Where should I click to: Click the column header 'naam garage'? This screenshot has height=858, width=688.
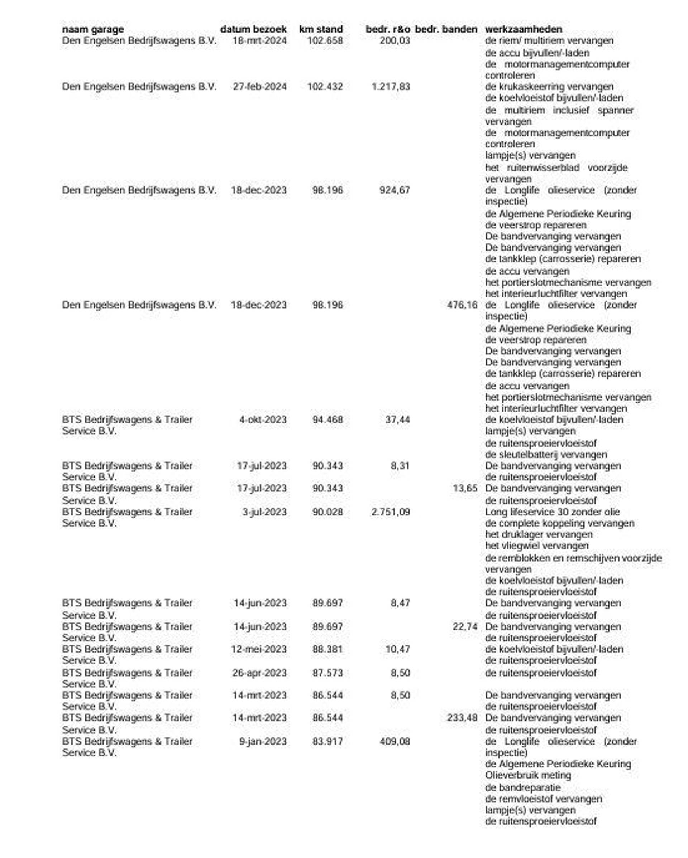pos(93,29)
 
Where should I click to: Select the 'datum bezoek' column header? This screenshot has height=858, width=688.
pos(253,29)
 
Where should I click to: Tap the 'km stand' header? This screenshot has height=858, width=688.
pos(321,29)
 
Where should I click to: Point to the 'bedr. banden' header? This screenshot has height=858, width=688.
pos(446,29)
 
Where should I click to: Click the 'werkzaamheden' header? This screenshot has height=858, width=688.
pos(524,29)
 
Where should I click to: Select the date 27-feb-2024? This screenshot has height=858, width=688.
pos(260,87)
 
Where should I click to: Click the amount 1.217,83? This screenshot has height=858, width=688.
pos(391,87)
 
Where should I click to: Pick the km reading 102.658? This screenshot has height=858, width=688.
pos(325,40)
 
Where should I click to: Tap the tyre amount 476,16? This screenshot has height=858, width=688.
pos(462,305)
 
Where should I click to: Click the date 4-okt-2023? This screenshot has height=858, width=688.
pos(263,420)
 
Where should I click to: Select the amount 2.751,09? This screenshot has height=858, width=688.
pos(391,512)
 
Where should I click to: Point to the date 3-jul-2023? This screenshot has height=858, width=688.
pos(264,512)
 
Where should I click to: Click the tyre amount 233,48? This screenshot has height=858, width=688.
pos(462,718)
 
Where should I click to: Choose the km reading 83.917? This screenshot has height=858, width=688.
pos(328,741)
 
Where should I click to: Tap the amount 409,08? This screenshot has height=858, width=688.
pos(395,741)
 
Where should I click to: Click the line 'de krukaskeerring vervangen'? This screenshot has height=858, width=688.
pos(549,87)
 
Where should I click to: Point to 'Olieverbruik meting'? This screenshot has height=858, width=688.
pos(528,775)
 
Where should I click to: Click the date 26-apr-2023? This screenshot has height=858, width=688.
pos(259,673)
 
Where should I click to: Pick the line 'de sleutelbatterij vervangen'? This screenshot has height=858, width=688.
pos(546,455)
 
